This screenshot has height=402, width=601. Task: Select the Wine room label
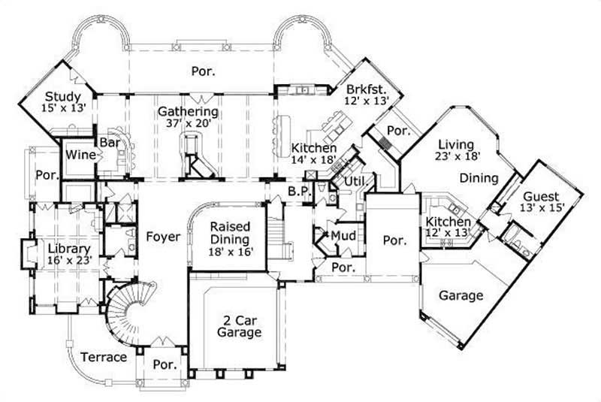point(77,154)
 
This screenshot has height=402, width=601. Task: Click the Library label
point(69,249)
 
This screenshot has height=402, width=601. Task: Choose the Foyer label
point(163,237)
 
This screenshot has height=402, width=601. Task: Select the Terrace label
point(104,357)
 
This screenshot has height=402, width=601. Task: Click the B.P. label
point(298,192)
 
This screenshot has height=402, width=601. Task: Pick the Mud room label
point(343,235)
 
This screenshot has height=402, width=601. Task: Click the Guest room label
point(541,196)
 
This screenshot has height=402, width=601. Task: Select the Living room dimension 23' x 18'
point(457,158)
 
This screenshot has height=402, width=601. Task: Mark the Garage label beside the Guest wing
point(461,295)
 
